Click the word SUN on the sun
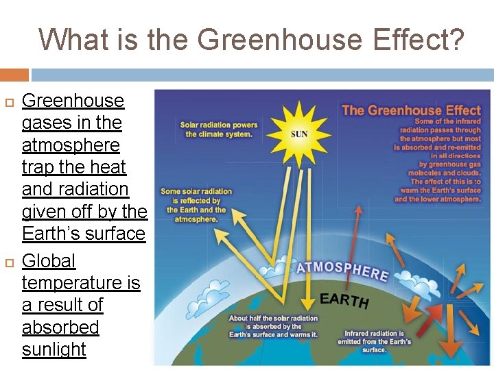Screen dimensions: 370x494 (299, 134)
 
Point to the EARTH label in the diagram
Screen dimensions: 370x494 (344, 299)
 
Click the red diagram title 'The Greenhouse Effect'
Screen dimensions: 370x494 (411, 110)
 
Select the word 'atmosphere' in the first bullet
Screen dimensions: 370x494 (71, 145)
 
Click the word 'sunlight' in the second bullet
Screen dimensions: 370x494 (54, 349)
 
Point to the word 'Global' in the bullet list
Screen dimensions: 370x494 (49, 261)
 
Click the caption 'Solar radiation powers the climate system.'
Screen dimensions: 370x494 (219, 129)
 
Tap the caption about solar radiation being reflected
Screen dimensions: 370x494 (196, 205)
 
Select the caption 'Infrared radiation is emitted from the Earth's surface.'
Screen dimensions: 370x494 (375, 341)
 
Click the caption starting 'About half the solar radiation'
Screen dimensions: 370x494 (273, 327)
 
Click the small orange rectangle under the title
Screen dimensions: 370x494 (14, 74)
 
